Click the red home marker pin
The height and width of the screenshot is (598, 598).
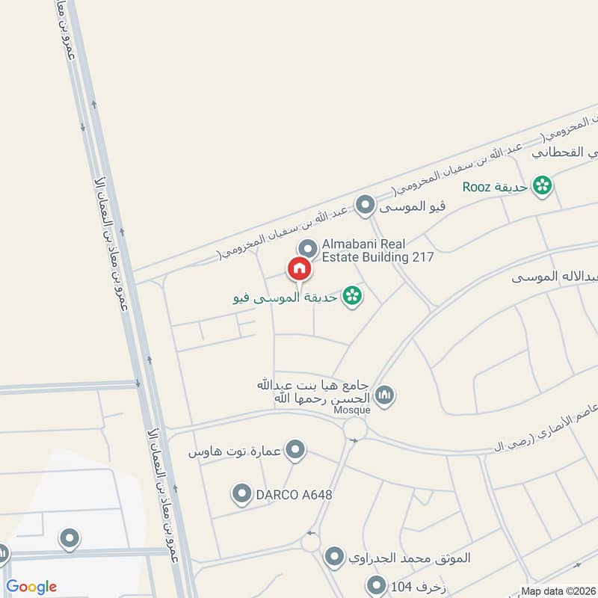pos(299,268)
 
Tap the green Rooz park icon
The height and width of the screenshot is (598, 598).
pos(543,185)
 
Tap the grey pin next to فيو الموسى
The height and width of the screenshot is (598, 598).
pos(365,204)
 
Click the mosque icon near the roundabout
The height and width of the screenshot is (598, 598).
pos(385,395)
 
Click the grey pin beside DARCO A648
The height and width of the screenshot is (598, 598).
pos(241,493)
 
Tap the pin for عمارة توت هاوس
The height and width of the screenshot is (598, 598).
pos(297,450)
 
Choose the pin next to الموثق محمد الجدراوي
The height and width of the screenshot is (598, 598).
pos(334,557)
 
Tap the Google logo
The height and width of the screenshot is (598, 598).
pos(31,587)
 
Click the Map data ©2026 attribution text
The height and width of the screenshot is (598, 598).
pos(558,591)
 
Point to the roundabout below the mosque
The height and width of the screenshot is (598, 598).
pos(355,429)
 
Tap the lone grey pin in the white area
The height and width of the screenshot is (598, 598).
pos(70,538)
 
